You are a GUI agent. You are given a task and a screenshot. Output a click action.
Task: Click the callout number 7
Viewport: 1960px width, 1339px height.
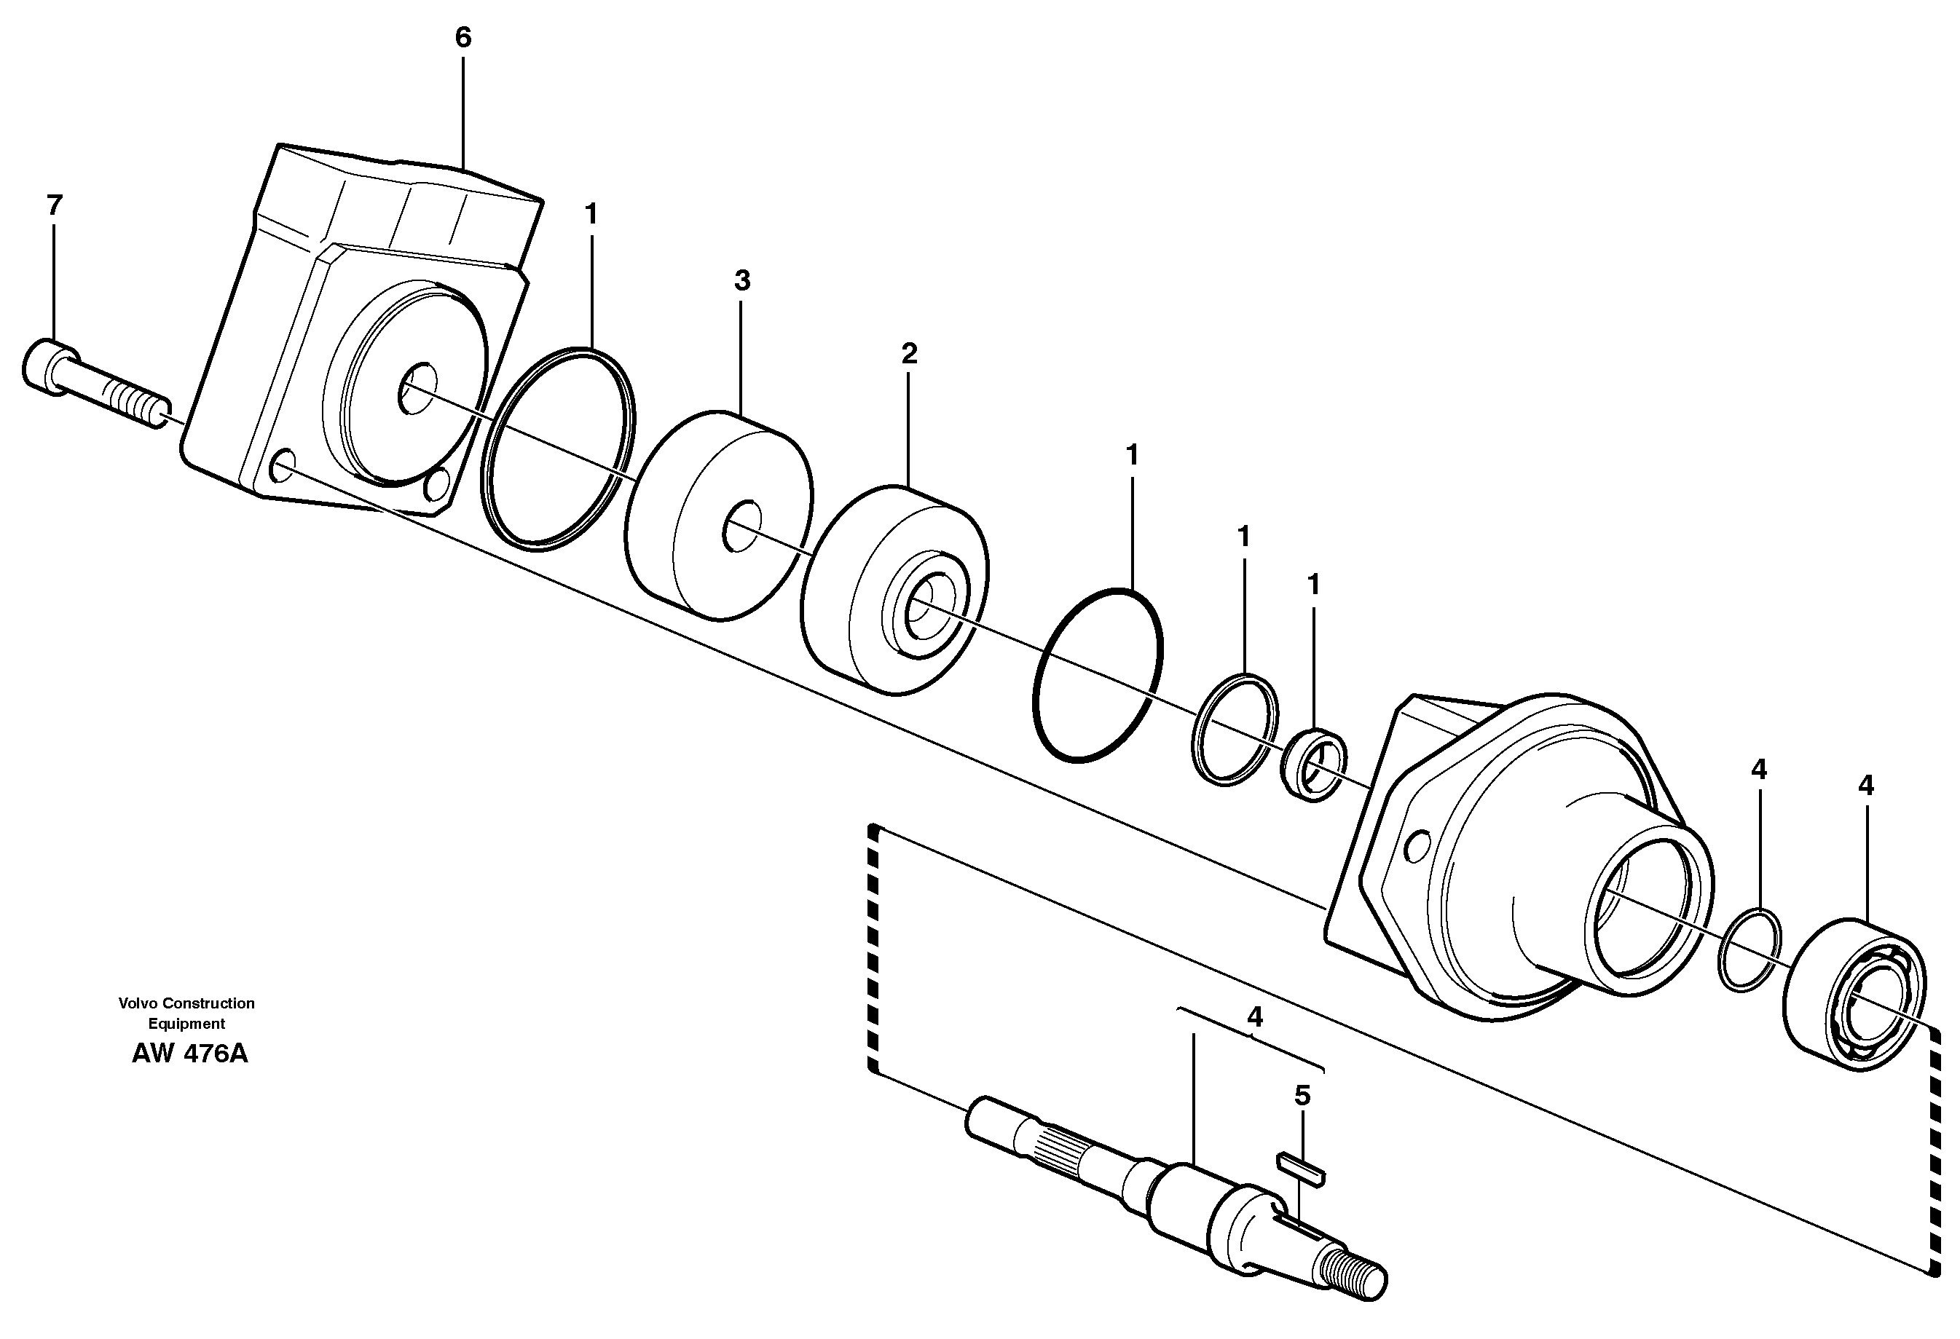click(55, 205)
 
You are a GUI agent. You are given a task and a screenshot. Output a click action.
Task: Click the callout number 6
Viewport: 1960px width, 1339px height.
click(463, 37)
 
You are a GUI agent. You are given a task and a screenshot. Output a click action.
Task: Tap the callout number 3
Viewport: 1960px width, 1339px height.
click(741, 280)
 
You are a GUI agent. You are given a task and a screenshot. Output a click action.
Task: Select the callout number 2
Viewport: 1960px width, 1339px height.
click(908, 354)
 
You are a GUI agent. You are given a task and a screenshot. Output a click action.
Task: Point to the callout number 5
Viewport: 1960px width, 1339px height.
click(1302, 1096)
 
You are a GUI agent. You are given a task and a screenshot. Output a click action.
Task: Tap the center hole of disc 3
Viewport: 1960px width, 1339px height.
click(742, 528)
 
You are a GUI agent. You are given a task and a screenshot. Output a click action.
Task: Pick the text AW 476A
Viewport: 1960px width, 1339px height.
click(190, 1054)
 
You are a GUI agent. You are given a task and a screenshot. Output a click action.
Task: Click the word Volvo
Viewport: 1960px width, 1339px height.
click(138, 1003)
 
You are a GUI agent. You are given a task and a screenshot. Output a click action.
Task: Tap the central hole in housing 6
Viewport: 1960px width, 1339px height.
click(417, 388)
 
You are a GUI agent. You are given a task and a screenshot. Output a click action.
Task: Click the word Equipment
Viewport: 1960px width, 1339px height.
click(186, 1024)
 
